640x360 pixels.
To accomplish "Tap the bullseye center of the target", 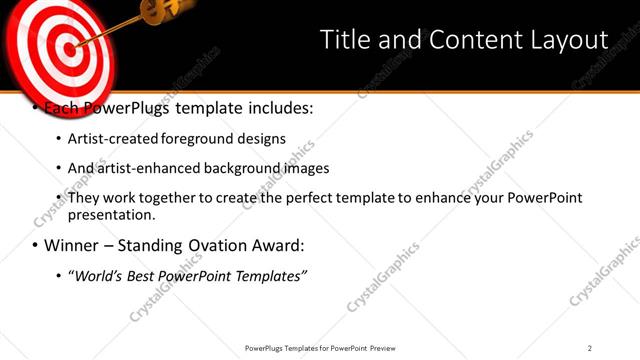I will (x=64, y=45).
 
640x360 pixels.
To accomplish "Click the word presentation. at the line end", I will (x=112, y=215).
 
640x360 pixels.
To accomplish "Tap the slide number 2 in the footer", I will (x=590, y=348).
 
